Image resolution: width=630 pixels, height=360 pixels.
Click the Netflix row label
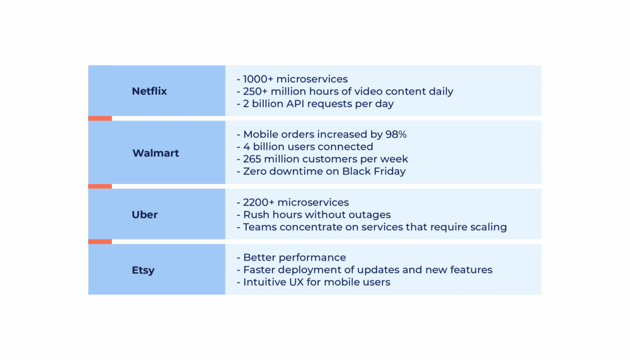(x=149, y=91)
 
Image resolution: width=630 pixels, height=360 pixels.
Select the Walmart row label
(x=156, y=153)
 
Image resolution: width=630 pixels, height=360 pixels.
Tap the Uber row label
(x=145, y=215)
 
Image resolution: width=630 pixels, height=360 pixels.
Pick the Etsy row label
(x=143, y=270)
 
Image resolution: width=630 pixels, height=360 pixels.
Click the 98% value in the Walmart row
(x=395, y=134)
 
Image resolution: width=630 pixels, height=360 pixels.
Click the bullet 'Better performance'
(x=292, y=257)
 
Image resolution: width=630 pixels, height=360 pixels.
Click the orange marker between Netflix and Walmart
(x=100, y=118)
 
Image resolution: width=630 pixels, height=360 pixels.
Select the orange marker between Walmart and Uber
(x=100, y=186)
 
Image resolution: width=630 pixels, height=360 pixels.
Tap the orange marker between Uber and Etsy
(x=100, y=241)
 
